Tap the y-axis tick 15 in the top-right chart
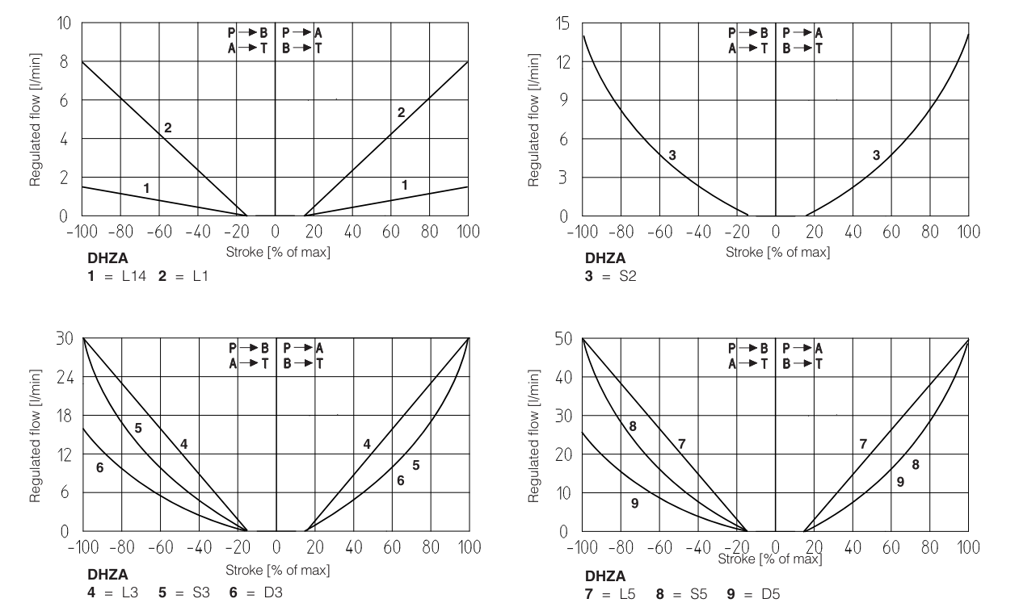(562, 24)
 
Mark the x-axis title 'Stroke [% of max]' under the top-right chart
(777, 252)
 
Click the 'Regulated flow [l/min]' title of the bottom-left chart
(36, 435)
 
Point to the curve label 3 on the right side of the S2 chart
(876, 155)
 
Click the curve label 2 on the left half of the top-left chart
(168, 128)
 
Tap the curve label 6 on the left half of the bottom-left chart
(99, 467)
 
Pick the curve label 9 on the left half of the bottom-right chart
(634, 503)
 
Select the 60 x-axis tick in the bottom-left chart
(391, 547)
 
